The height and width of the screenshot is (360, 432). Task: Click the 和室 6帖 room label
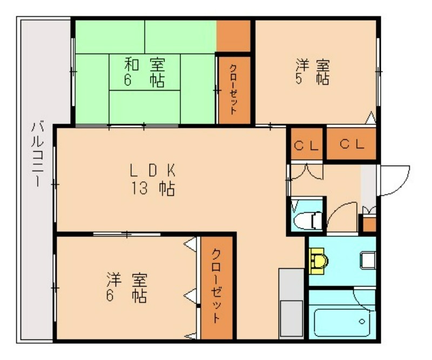(x=145, y=73)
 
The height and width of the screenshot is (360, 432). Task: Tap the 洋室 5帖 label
(x=312, y=72)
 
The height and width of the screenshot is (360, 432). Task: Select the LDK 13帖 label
(x=153, y=179)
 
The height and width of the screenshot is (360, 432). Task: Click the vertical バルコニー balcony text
(x=37, y=154)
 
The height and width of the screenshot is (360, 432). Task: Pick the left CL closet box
(x=306, y=144)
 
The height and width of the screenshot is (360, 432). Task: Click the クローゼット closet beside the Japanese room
(x=234, y=89)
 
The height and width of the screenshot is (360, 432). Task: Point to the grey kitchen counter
(x=291, y=302)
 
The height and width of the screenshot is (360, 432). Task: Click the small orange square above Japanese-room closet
(x=234, y=36)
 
